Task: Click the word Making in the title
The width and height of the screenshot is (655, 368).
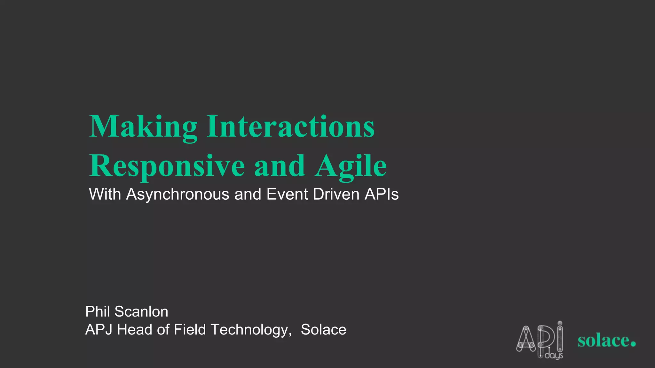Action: (x=143, y=127)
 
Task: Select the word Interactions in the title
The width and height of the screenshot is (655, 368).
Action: (x=290, y=126)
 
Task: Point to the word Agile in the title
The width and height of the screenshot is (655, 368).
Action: (x=351, y=166)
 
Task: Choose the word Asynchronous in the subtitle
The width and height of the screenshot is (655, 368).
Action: (x=178, y=194)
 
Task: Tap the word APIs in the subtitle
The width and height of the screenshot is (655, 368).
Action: (x=382, y=194)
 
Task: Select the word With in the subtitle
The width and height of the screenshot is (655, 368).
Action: (x=105, y=194)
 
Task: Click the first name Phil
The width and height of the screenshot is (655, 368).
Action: (x=98, y=311)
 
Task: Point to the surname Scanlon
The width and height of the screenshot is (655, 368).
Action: (x=141, y=311)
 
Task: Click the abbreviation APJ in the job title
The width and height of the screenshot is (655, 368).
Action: (x=99, y=330)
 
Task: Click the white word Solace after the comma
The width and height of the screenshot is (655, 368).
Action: (x=323, y=330)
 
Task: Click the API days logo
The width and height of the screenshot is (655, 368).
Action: (x=540, y=341)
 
